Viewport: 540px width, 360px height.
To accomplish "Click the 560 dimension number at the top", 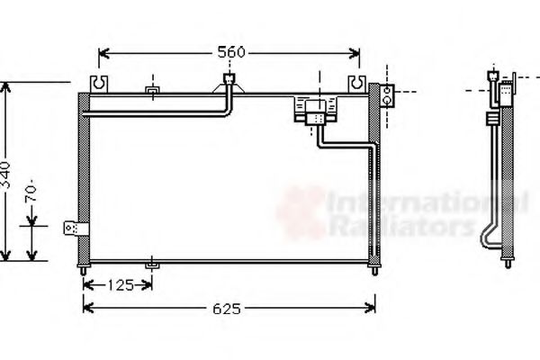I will click(x=231, y=52).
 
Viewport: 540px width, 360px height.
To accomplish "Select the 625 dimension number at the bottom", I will click(x=229, y=309).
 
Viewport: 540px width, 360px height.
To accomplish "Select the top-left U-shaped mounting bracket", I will click(x=98, y=84).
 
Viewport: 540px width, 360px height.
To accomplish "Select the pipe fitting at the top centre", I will click(x=229, y=84).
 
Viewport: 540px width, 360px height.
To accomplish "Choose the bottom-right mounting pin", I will click(x=374, y=268).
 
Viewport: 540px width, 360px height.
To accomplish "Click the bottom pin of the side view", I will click(x=506, y=268).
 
